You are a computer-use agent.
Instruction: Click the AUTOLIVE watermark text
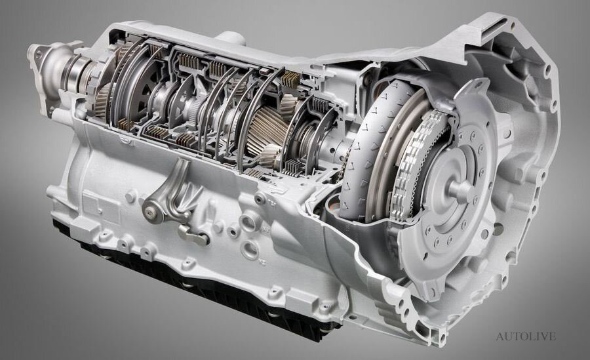526,336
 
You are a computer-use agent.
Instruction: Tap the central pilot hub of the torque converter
460,190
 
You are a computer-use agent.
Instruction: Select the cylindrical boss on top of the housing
230,37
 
